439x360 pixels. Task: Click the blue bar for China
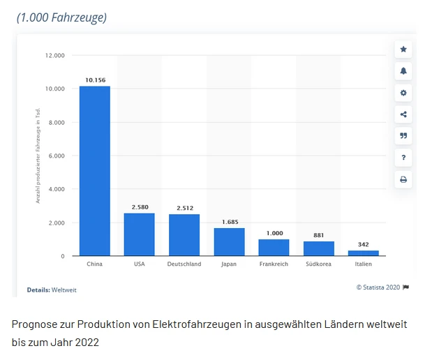(94, 171)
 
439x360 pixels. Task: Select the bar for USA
(139, 234)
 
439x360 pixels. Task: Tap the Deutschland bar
(184, 235)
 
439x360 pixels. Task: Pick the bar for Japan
(229, 242)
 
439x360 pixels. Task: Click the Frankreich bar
(274, 248)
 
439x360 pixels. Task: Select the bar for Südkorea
(318, 249)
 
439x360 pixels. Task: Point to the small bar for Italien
(363, 253)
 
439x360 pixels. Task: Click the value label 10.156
(95, 80)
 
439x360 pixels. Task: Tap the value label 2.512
(184, 208)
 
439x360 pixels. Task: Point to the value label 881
(318, 235)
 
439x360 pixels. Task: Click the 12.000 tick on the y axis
(55, 55)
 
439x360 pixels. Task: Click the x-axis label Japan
(229, 264)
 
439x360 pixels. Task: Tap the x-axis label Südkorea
(318, 264)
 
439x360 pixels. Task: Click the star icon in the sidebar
(403, 50)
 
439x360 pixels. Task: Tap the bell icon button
(403, 71)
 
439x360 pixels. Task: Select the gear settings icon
(403, 93)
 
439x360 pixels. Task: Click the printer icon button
(403, 179)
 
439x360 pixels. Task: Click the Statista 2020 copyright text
(378, 287)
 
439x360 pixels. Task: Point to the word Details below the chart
(38, 290)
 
